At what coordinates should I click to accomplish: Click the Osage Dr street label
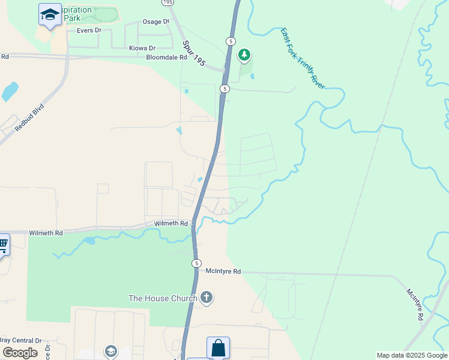coord(155,22)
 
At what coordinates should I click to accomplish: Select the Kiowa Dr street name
coord(142,48)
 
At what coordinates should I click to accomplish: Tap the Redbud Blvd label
coord(30,121)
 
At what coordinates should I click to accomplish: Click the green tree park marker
coord(244,55)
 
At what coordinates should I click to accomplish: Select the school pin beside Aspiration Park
coord(50,14)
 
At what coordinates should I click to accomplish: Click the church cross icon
coord(206,298)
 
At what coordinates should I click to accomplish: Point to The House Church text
coord(163,298)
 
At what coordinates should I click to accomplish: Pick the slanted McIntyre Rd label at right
coord(416,305)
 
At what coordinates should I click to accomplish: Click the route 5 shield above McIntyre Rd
coord(196,263)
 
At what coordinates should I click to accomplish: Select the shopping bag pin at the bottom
coord(218,347)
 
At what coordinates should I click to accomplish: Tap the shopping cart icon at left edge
coord(3,244)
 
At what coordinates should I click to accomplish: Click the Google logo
coord(20,353)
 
